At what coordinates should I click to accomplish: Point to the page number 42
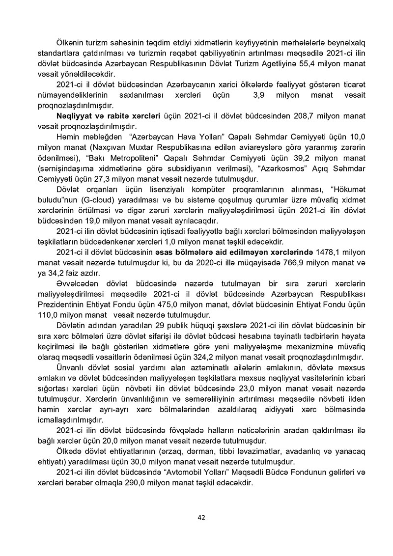coord(201,517)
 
